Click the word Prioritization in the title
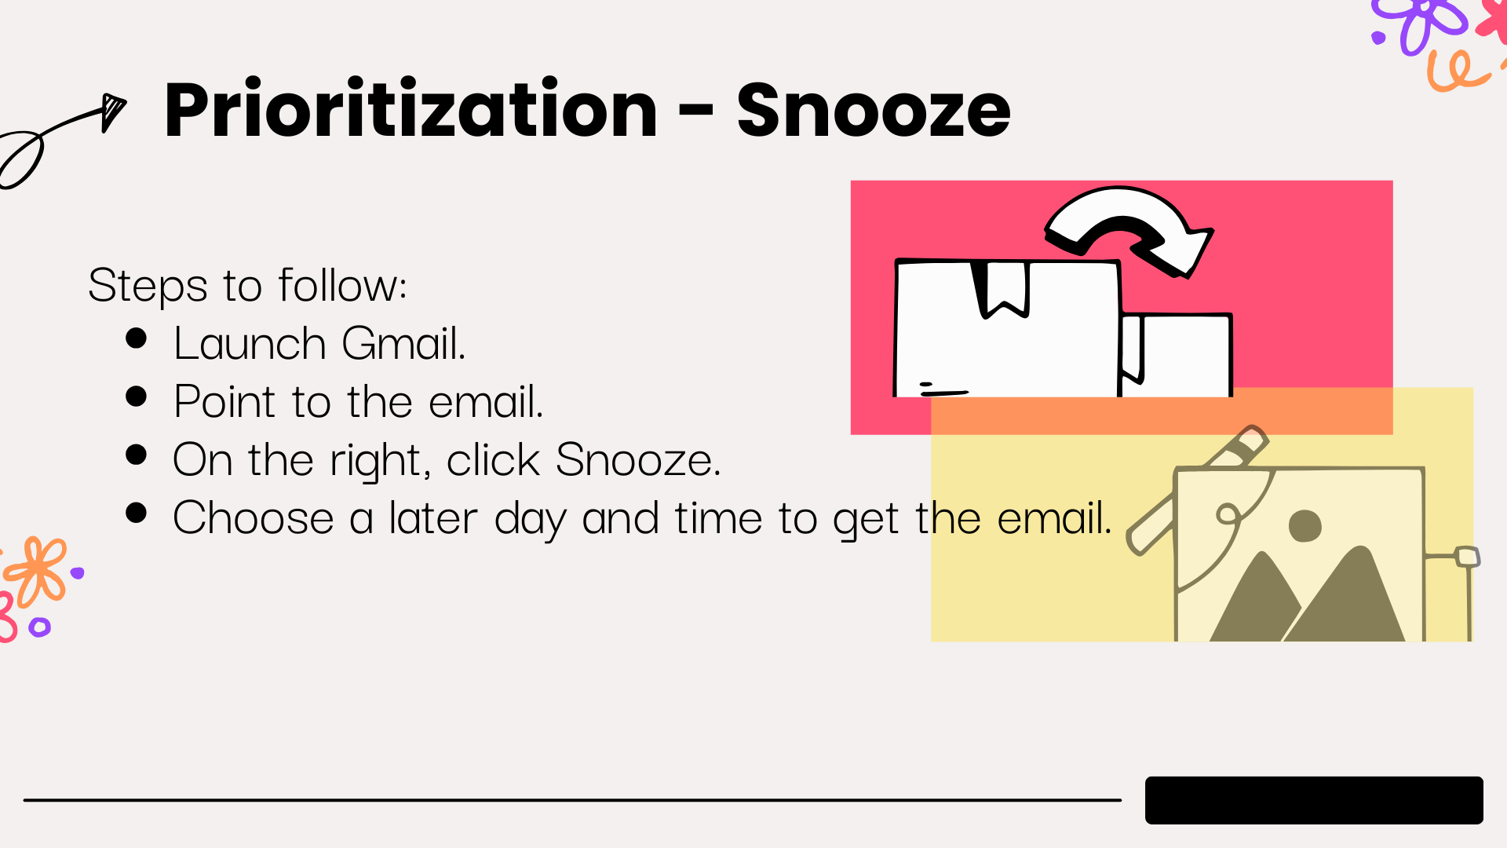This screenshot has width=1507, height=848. [x=411, y=111]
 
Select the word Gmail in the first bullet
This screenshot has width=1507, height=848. [x=404, y=343]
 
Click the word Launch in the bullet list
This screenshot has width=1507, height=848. [x=250, y=343]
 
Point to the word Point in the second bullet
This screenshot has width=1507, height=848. [x=224, y=401]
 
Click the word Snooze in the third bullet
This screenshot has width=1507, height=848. [x=638, y=459]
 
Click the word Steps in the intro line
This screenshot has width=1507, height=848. [x=148, y=286]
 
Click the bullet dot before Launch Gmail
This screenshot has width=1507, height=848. [x=137, y=338]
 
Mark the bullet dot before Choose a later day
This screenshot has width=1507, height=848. [x=137, y=512]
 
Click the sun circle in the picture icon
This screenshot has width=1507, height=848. [x=1305, y=525]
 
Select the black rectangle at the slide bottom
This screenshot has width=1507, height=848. [x=1314, y=800]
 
